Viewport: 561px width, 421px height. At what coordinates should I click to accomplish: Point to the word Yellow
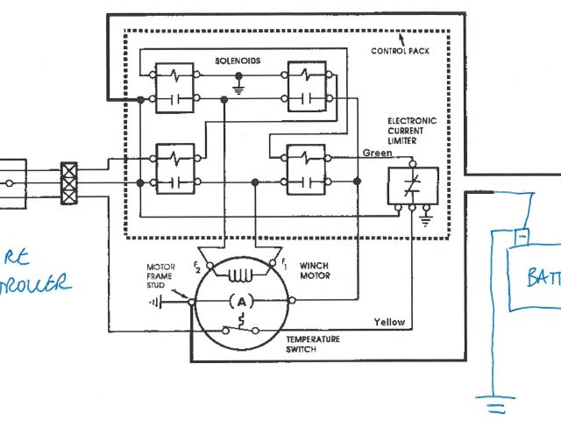coord(389,322)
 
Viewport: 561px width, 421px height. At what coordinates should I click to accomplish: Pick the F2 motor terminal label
coord(197,266)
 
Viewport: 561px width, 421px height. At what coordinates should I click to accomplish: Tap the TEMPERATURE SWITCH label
coord(312,344)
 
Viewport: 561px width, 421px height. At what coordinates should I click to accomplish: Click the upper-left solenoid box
coord(175,88)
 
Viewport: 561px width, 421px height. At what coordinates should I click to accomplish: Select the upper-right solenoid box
coord(306,88)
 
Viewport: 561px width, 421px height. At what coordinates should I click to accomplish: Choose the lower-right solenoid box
coord(306,170)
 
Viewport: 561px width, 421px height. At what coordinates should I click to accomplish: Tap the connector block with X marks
coord(71,182)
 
